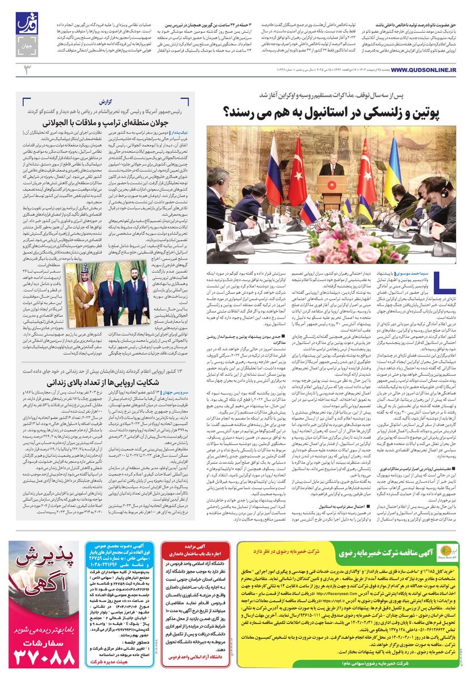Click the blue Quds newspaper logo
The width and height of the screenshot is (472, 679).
tap(26, 24)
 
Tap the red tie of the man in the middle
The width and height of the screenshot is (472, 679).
tap(111, 289)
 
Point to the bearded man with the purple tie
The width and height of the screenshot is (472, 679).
tap(136, 294)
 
